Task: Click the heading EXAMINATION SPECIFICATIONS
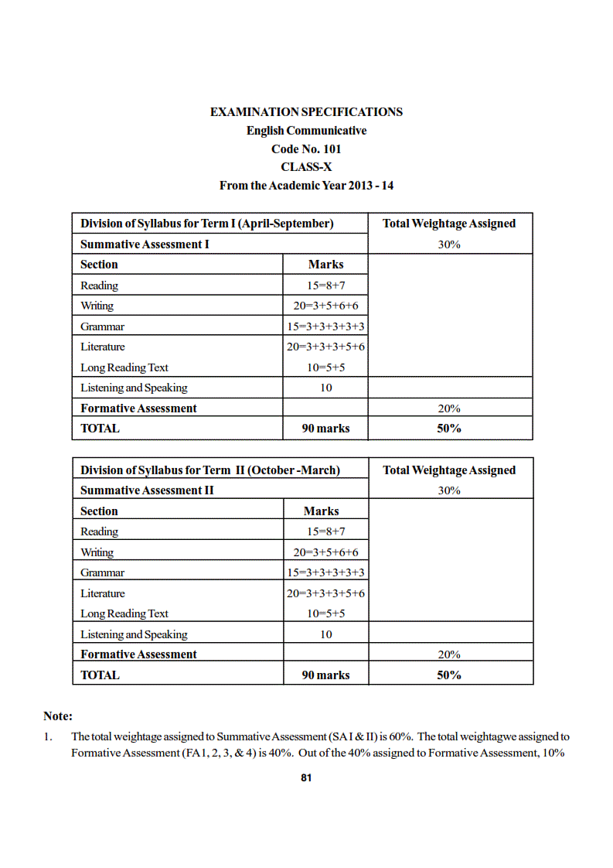[306, 112]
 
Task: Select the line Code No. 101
[306, 149]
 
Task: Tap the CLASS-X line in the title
[306, 167]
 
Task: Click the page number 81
[306, 778]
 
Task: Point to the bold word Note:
[58, 716]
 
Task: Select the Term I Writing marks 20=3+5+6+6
[325, 306]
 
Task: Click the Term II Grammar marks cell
[325, 572]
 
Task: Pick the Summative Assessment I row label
[145, 244]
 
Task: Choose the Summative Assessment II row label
[147, 490]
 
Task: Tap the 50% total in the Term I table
[449, 429]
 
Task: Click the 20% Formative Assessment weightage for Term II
[449, 654]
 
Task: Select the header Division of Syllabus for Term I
[206, 224]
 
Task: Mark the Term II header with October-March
[210, 470]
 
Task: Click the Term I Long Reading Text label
[124, 367]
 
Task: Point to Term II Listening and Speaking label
[134, 634]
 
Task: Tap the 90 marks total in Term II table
[325, 675]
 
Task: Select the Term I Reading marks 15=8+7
[325, 285]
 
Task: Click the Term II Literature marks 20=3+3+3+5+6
[325, 593]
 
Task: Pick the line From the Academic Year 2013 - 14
[306, 186]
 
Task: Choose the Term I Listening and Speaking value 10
[325, 388]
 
